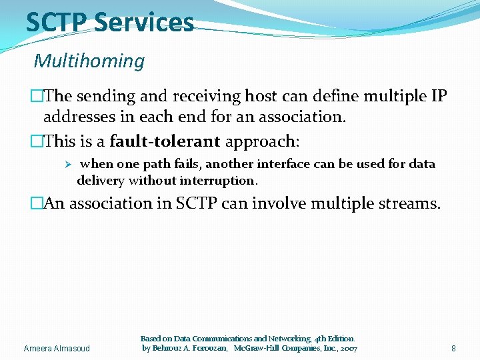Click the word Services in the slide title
[144, 22]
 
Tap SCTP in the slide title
[57, 22]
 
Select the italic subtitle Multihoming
[89, 61]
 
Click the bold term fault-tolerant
[165, 141]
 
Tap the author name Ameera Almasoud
[57, 348]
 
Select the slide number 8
[453, 348]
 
